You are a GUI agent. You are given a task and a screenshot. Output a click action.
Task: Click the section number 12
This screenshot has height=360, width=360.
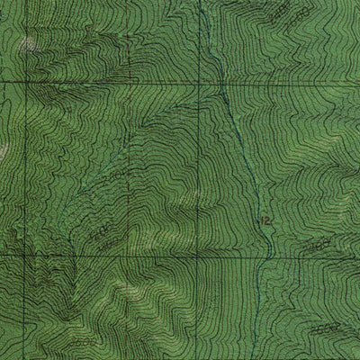265,220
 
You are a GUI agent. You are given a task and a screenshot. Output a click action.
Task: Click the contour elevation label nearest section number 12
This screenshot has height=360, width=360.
314,245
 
